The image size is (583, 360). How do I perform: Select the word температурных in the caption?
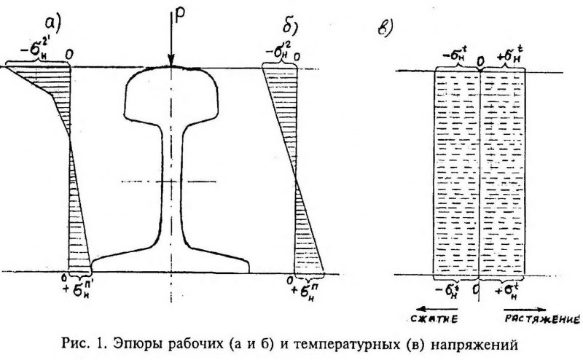[x=362, y=343]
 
